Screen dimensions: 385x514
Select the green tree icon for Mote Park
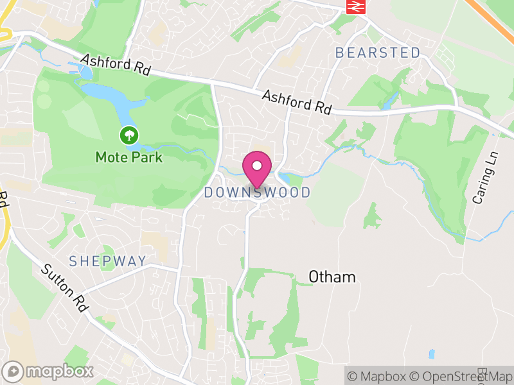click(x=129, y=135)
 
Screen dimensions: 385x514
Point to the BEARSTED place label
click(x=378, y=53)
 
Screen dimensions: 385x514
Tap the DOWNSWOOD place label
click(x=257, y=193)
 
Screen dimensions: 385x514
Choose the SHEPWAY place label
click(x=108, y=261)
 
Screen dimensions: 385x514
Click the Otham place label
click(x=332, y=277)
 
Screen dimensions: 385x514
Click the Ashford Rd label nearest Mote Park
click(x=115, y=65)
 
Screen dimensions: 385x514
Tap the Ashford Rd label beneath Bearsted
click(x=296, y=102)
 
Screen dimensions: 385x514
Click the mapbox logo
click(x=49, y=371)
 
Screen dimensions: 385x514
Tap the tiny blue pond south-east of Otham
click(x=430, y=354)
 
